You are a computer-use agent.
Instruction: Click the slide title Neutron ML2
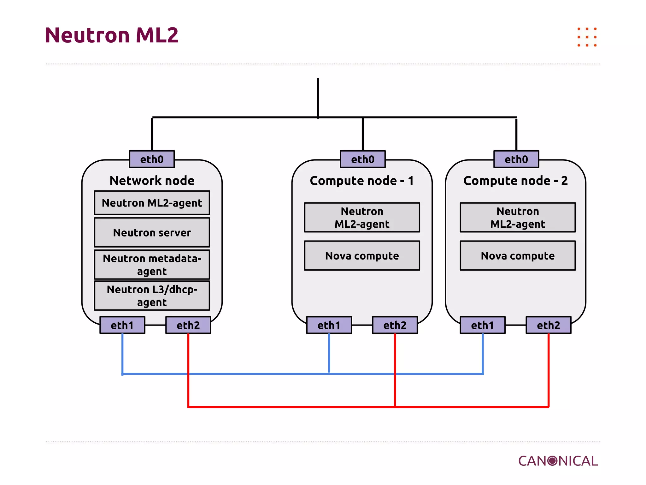(112, 35)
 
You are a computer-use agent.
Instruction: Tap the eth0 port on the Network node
(152, 159)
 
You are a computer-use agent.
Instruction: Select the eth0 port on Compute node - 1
(362, 159)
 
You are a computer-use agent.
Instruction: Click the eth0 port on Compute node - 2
(516, 159)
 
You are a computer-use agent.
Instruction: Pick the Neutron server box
(152, 232)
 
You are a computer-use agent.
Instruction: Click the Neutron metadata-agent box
(152, 265)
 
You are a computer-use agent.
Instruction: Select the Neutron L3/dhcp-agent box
(152, 296)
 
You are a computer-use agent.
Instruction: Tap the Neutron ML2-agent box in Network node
(152, 203)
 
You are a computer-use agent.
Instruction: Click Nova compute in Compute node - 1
(362, 255)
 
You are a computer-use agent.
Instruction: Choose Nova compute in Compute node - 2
(517, 255)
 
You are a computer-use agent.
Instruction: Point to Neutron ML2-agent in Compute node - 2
(517, 217)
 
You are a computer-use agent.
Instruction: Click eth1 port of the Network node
(122, 325)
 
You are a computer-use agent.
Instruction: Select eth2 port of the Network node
(188, 325)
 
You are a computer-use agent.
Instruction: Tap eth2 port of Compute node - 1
(395, 325)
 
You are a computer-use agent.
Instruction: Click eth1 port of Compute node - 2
(482, 325)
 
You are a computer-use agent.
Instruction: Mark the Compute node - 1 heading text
(361, 181)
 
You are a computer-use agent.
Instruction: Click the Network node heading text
(152, 181)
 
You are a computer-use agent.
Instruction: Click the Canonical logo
(558, 461)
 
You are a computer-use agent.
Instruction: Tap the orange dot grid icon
(587, 37)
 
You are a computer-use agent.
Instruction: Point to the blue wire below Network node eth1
(122, 354)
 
